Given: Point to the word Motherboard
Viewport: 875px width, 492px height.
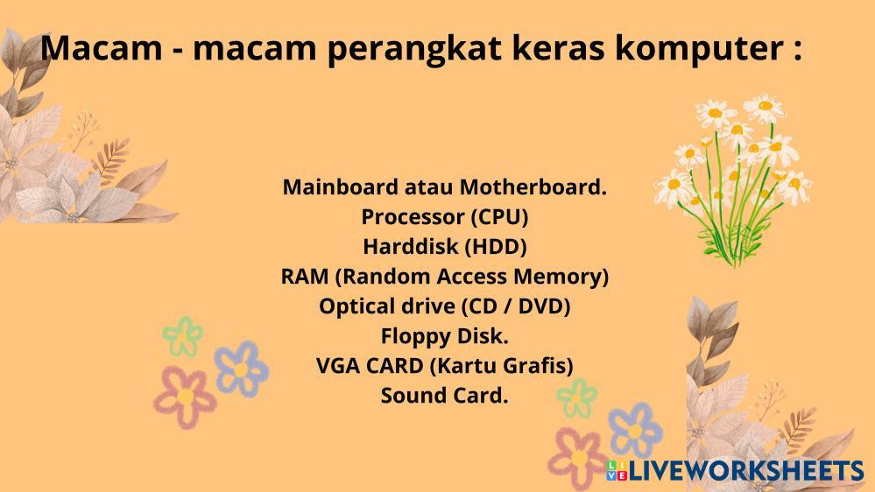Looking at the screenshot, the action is [x=533, y=186].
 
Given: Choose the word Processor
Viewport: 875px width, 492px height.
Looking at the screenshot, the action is [x=413, y=217].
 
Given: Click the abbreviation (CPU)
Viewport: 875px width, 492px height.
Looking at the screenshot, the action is [x=499, y=217].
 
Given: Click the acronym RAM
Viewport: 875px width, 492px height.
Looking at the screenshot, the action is [x=305, y=277].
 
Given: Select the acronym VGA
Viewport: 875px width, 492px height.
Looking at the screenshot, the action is [x=338, y=366].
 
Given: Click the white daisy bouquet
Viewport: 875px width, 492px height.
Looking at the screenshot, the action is [x=733, y=179].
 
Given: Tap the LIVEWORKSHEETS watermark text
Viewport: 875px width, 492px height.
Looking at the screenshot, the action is [x=746, y=471].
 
